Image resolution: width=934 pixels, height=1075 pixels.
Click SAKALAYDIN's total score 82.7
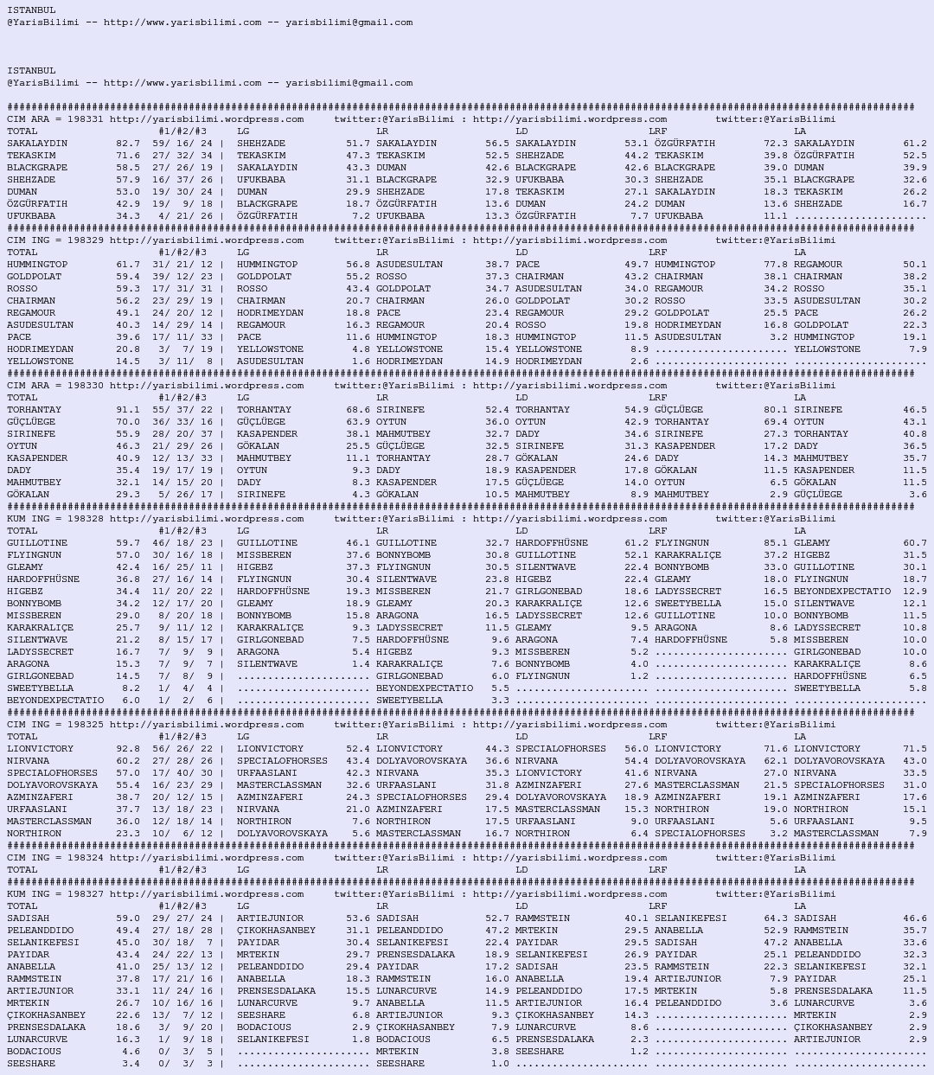(127, 144)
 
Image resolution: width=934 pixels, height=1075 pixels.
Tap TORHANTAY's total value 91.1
(127, 410)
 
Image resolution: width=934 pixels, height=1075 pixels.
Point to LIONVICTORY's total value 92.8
(127, 749)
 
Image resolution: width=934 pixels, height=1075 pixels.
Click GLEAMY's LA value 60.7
(914, 543)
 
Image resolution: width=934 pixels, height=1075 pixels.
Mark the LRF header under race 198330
(657, 398)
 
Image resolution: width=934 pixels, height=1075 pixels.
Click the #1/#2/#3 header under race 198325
(182, 737)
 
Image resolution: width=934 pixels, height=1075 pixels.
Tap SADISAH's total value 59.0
(127, 918)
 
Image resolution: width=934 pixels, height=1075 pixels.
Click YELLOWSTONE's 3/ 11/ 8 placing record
(182, 362)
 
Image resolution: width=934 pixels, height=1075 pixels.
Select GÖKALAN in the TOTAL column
(28, 495)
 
